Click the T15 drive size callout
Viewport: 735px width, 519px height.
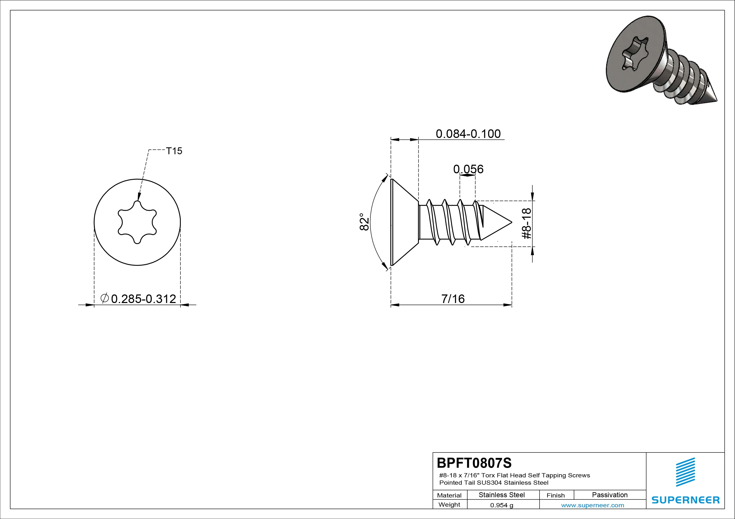[x=174, y=151]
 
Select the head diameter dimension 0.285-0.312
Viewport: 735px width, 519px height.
[x=143, y=299]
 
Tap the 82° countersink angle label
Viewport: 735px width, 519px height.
[x=365, y=222]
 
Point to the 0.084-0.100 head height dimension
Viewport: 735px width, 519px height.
[x=468, y=134]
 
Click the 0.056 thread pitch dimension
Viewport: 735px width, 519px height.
[x=468, y=169]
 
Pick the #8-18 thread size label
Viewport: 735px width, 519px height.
[x=527, y=224]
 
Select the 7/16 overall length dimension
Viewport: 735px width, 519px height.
[x=453, y=299]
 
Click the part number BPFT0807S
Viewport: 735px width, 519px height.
[x=474, y=463]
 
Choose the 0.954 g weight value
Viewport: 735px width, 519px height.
[x=502, y=505]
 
